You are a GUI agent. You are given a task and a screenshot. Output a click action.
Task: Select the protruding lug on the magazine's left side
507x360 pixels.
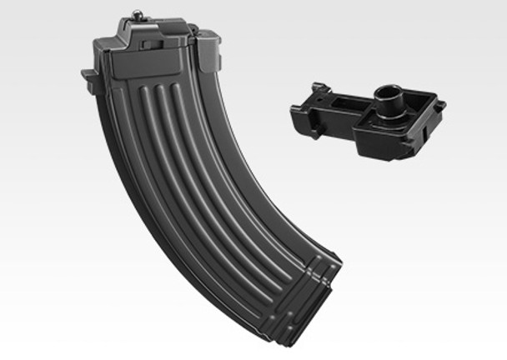point(86,77)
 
